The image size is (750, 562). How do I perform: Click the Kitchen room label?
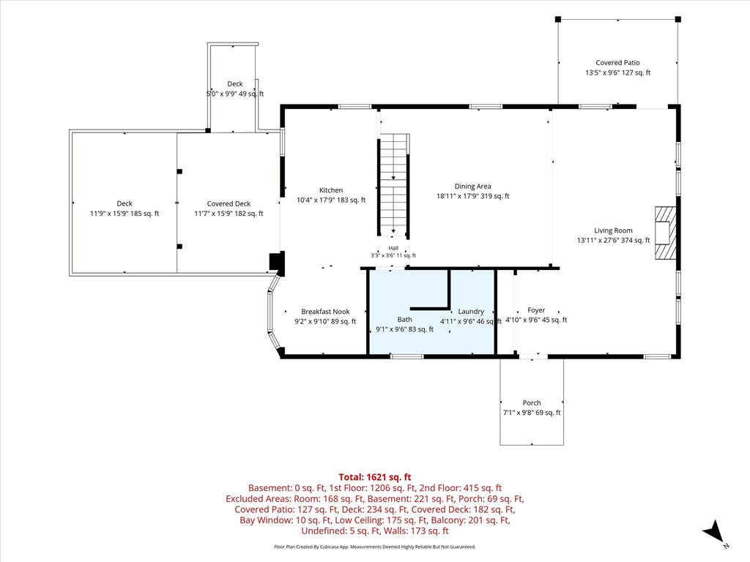pyautogui.click(x=331, y=190)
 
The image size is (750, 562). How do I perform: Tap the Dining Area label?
pyautogui.click(x=472, y=187)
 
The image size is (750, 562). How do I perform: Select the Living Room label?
pyautogui.click(x=613, y=231)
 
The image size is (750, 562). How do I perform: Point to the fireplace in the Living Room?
pyautogui.click(x=665, y=233)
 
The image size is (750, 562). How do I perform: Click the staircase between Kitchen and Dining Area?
pyautogui.click(x=393, y=185)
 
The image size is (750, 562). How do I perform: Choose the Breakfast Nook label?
pyautogui.click(x=325, y=312)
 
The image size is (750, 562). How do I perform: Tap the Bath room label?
pyautogui.click(x=404, y=319)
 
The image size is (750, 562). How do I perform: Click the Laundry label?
pyautogui.click(x=471, y=311)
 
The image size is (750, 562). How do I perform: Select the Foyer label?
pyautogui.click(x=536, y=310)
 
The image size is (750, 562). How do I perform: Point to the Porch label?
pyautogui.click(x=532, y=403)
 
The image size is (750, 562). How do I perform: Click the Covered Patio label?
pyautogui.click(x=617, y=63)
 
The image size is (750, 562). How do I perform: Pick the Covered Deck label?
pyautogui.click(x=229, y=203)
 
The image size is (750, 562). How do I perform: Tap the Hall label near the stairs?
pyautogui.click(x=393, y=248)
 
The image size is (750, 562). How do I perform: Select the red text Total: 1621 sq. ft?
pyautogui.click(x=375, y=477)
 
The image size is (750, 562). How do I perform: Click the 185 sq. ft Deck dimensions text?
pyautogui.click(x=125, y=214)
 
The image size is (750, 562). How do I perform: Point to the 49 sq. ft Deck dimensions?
pyautogui.click(x=235, y=94)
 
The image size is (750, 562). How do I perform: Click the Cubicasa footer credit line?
pyautogui.click(x=375, y=547)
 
